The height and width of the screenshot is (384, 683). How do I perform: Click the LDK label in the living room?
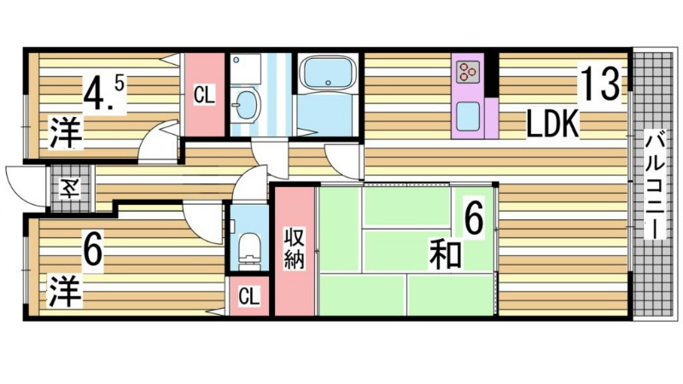(552, 125)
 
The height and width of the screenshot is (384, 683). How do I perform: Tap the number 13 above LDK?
(599, 84)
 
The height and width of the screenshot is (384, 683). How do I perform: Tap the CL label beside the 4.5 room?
(203, 95)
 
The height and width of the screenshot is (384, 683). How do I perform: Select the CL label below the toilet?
(248, 296)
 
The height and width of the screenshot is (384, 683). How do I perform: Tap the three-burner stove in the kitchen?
(467, 71)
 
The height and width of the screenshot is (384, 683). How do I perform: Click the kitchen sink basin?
(469, 114)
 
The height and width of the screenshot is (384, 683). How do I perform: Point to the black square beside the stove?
(491, 71)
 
